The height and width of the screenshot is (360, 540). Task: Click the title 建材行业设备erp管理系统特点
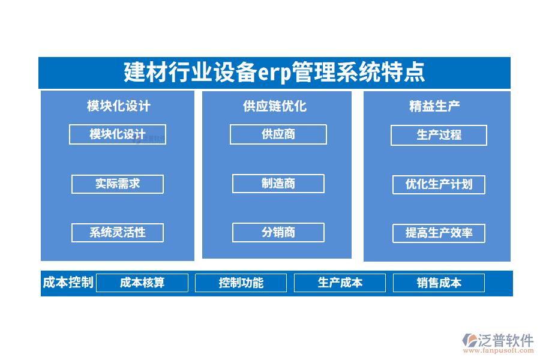tap(274, 73)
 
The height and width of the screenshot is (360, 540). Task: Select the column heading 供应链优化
tap(275, 106)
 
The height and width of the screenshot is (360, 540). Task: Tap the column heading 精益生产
tap(434, 106)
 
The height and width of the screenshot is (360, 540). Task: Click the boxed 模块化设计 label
tap(118, 134)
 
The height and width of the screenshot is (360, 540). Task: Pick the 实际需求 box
tap(118, 184)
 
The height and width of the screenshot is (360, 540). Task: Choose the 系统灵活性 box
tap(118, 232)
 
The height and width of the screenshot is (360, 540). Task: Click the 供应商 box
tap(278, 134)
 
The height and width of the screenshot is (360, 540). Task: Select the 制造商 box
tap(278, 184)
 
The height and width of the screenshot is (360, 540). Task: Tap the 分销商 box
tap(278, 232)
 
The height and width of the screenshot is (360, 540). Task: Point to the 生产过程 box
tap(439, 135)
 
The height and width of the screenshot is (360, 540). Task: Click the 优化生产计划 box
tap(439, 184)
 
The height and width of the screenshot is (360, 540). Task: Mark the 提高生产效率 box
tap(439, 233)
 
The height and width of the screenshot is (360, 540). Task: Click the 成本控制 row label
tap(68, 283)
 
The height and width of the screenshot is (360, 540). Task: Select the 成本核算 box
tap(142, 283)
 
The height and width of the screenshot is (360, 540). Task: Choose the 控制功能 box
tap(241, 283)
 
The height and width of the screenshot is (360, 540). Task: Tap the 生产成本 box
tap(340, 283)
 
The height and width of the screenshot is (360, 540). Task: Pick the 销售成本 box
tap(439, 283)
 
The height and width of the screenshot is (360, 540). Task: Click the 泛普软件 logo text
tap(506, 340)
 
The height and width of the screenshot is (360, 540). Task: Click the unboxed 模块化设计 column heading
tap(118, 106)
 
